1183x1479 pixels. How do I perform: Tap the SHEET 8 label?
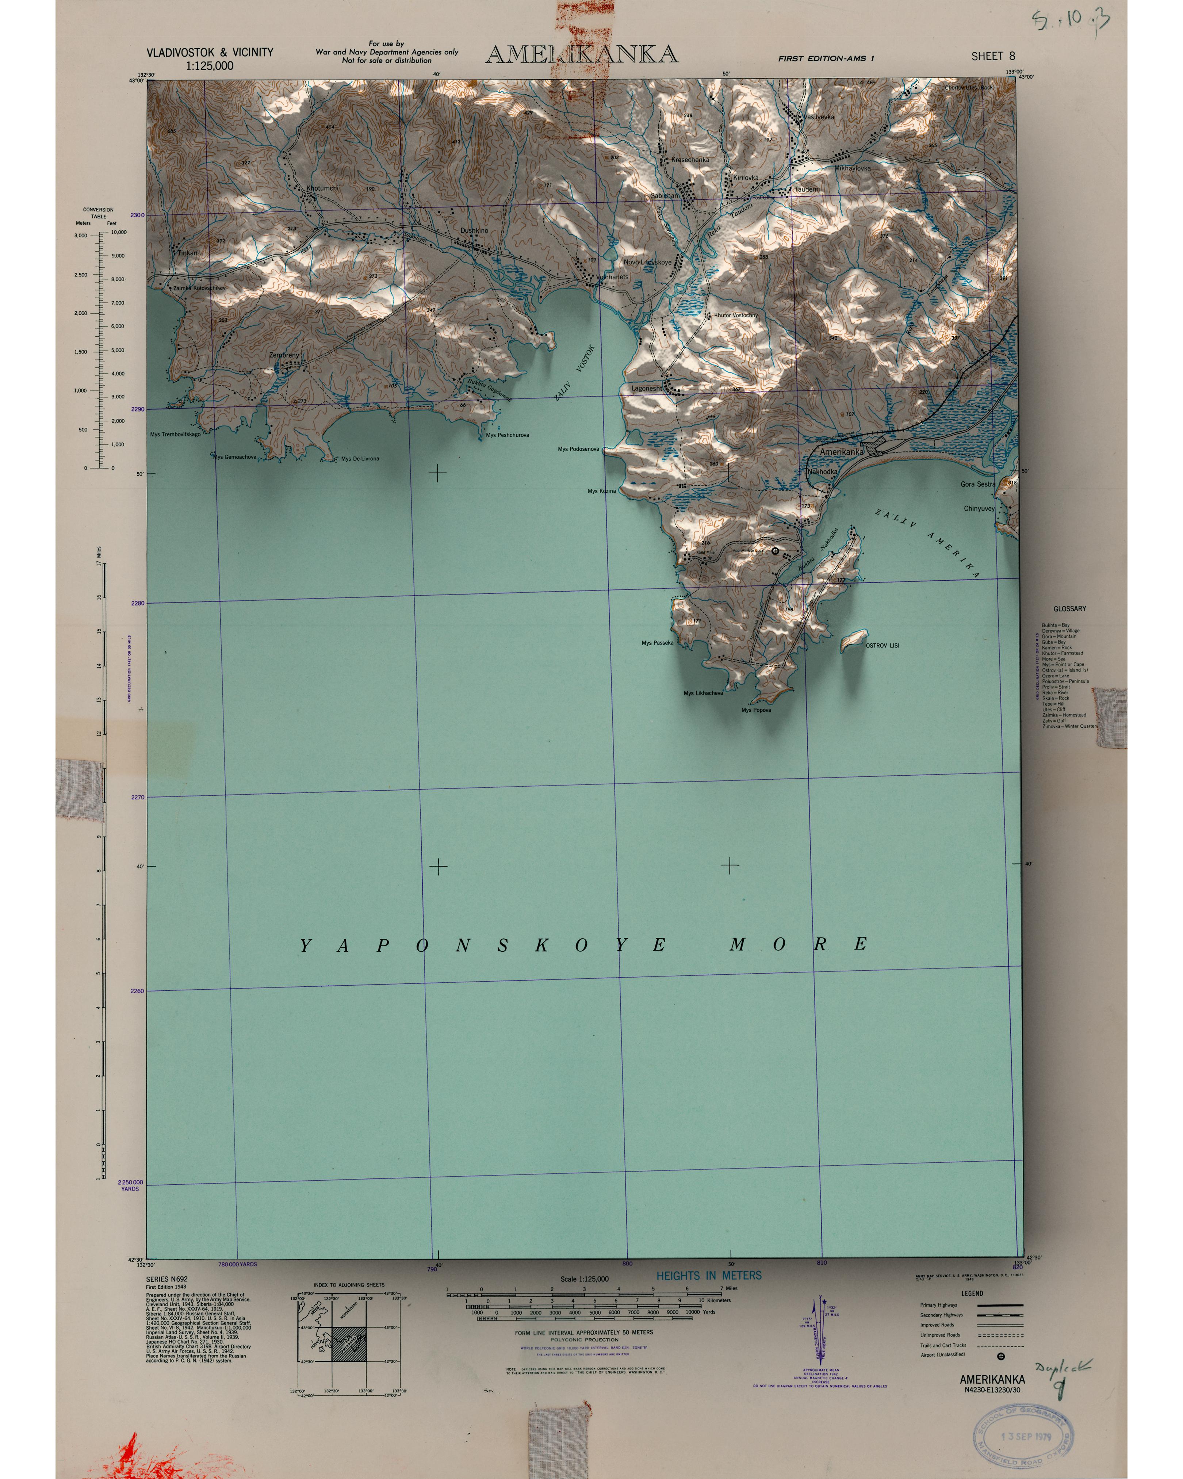[x=992, y=56]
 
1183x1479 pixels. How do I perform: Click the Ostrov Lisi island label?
[x=882, y=646]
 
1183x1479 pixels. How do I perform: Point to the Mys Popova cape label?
[x=756, y=710]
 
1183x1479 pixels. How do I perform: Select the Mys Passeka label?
[x=657, y=643]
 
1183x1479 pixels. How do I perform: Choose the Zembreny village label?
[x=284, y=355]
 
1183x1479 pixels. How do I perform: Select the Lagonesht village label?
[x=646, y=388]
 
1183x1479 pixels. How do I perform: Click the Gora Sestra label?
[x=977, y=484]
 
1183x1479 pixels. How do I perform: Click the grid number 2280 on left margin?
[x=137, y=604]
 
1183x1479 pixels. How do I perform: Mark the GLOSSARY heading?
[x=1069, y=608]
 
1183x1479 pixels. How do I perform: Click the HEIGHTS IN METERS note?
[x=708, y=1275]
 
